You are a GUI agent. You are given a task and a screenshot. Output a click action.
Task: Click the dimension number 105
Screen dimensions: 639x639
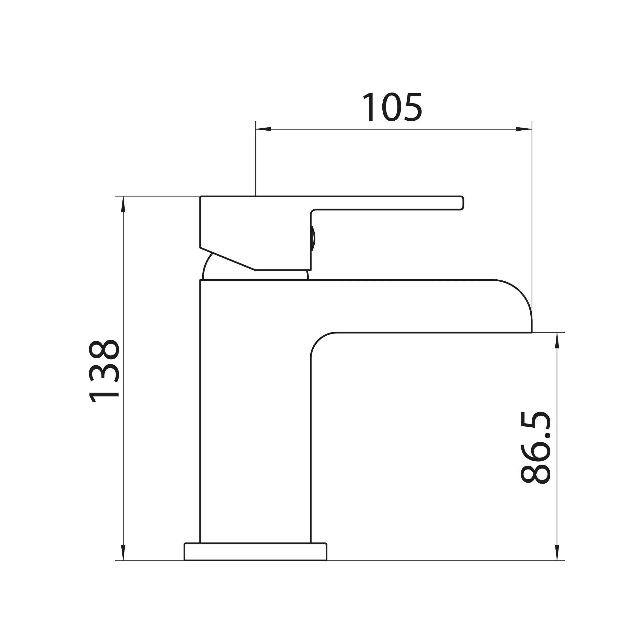click(392, 107)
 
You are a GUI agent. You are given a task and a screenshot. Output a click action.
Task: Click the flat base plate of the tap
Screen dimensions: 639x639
click(255, 552)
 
